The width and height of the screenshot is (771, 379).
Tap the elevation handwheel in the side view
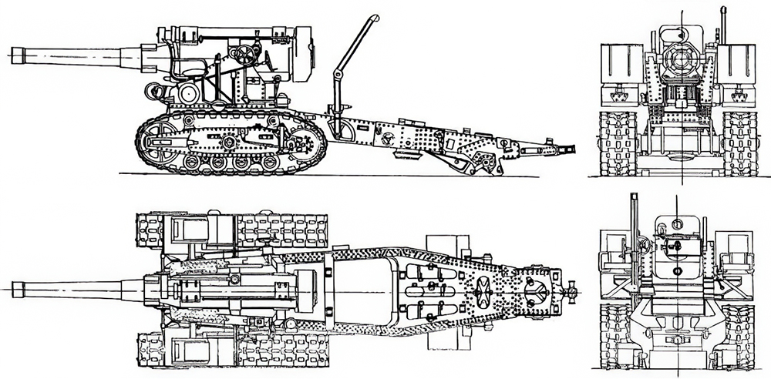tap(247, 56)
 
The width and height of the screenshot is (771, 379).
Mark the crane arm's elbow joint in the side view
tap(336, 75)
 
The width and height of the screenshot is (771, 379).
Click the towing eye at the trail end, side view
tap(571, 147)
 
